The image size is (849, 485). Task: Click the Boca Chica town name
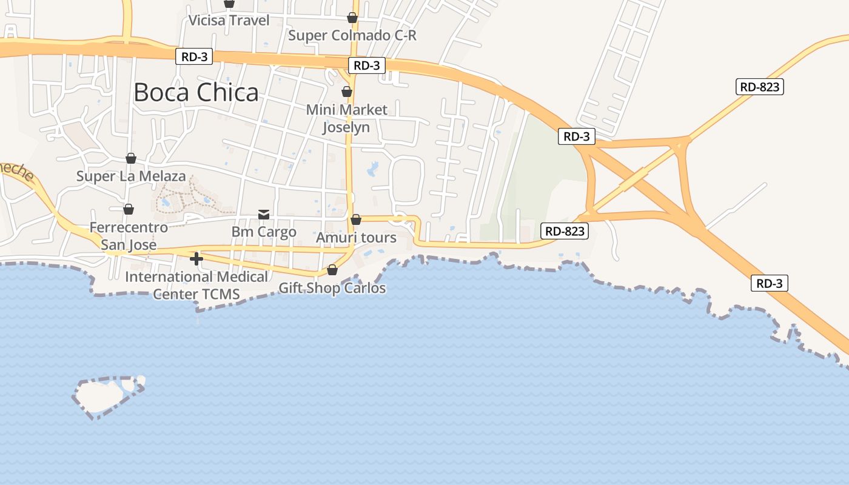coord(196,92)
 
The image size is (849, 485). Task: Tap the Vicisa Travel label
coord(229,21)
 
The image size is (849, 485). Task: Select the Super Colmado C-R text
coord(352,35)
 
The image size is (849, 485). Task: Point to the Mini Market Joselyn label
coord(346,118)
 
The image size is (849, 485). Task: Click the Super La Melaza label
coord(131,176)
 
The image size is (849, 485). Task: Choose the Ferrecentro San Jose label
coord(129,236)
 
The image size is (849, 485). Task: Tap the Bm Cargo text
coord(264,232)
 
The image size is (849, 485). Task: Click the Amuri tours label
coord(356,238)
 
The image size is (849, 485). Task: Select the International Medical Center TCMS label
coord(196,285)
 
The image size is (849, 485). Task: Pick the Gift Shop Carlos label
coord(332,288)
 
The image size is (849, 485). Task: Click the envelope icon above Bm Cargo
coord(264,214)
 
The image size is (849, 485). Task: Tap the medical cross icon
coord(196,259)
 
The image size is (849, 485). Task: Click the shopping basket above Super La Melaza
coord(131,158)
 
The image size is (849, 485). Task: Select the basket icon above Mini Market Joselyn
coord(346,92)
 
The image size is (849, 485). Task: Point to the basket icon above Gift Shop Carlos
coord(332,270)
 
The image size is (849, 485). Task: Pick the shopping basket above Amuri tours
coord(356,219)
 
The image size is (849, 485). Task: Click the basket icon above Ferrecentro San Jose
coord(129,209)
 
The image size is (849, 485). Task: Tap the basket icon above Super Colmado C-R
coord(352,18)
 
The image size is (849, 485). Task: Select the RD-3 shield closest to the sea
coord(769,283)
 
